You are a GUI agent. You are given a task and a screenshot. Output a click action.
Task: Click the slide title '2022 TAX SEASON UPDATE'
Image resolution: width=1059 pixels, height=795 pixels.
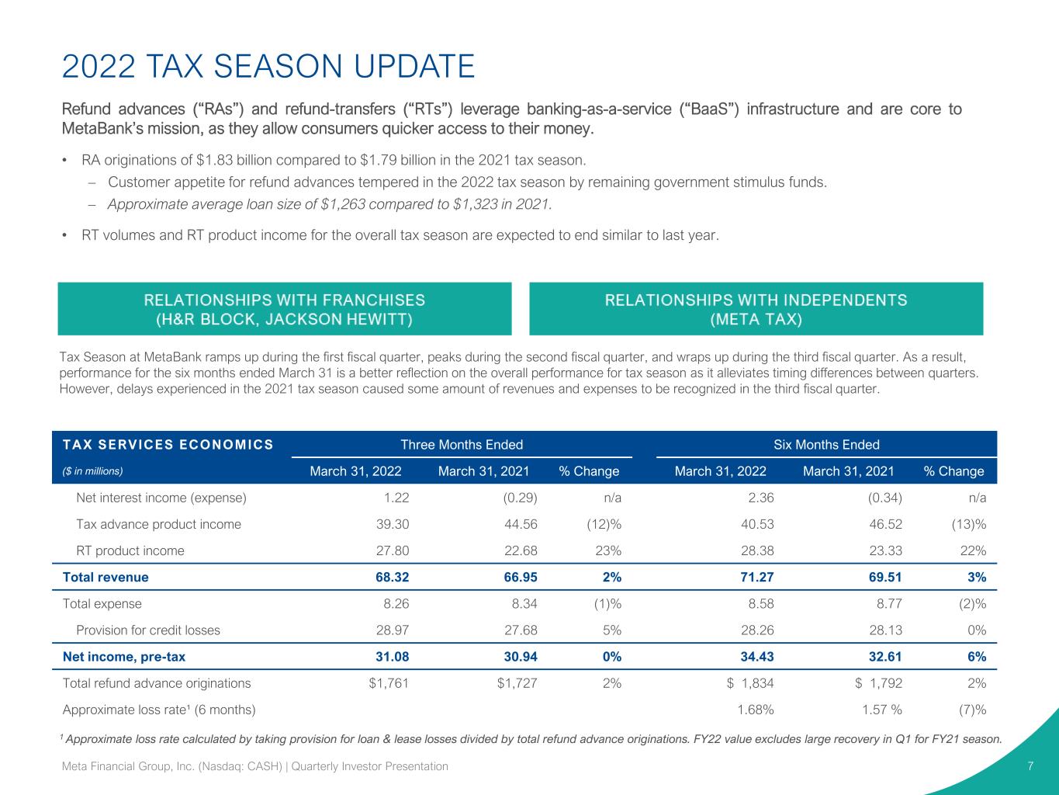268,66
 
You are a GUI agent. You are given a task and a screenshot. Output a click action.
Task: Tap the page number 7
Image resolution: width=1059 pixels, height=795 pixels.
1030,766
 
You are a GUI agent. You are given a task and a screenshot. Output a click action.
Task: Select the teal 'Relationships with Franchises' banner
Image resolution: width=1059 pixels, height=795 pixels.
285,309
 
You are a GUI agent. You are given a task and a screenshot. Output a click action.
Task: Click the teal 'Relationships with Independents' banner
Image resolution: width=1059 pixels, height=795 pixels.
756,309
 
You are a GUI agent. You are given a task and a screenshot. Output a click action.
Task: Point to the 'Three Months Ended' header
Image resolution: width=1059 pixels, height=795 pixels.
462,445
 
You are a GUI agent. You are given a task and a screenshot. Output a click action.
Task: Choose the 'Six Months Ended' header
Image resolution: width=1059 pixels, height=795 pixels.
826,445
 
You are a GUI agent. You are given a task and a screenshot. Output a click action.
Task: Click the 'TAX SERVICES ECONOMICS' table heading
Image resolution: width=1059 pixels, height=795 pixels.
168,445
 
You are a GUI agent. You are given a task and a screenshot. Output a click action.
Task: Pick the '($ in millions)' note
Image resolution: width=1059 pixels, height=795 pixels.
92,471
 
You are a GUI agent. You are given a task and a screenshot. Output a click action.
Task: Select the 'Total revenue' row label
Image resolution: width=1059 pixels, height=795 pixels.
106,578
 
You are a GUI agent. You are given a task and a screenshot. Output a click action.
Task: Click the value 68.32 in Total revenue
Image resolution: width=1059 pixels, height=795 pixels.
393,578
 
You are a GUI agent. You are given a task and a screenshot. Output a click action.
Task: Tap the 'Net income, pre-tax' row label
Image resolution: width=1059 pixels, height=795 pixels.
124,657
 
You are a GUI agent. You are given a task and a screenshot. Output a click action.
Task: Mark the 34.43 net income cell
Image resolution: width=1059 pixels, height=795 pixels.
757,657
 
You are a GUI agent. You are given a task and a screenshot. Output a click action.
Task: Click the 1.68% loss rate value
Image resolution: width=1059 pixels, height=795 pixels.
756,710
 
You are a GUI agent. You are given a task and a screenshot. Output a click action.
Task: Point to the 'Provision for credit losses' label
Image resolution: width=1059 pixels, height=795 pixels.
148,630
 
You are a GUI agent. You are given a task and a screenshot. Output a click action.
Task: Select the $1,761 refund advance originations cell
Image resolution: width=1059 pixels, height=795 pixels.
389,683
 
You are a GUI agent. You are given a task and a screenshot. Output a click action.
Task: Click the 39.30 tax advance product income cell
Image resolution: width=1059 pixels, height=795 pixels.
393,524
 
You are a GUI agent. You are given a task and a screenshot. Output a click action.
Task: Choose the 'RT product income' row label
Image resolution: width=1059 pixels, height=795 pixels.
130,550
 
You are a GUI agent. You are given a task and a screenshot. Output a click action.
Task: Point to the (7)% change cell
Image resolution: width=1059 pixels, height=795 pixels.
972,710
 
